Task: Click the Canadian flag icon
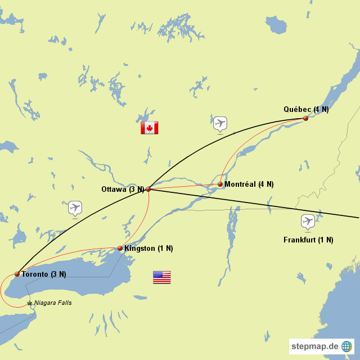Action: pyautogui.click(x=149, y=128)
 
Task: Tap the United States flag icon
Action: pyautogui.click(x=161, y=277)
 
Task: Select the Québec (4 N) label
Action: pyautogui.click(x=306, y=109)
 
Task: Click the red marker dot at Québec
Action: pyautogui.click(x=305, y=118)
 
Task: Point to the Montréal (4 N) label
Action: pyautogui.click(x=249, y=184)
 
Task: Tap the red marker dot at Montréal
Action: pyautogui.click(x=220, y=184)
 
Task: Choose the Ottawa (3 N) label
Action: pyautogui.click(x=123, y=189)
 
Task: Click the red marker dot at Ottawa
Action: pyautogui.click(x=148, y=190)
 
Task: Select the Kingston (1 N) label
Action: pyautogui.click(x=148, y=248)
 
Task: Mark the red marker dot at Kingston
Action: pyautogui.click(x=120, y=248)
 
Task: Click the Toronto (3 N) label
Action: pyautogui.click(x=43, y=274)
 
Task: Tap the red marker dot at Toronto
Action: pyautogui.click(x=17, y=274)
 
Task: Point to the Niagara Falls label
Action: pyautogui.click(x=53, y=303)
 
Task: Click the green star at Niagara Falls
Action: pyautogui.click(x=30, y=303)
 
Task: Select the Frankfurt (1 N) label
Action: pyautogui.click(x=308, y=240)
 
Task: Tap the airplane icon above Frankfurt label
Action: pyautogui.click(x=308, y=221)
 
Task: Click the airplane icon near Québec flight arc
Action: pyautogui.click(x=220, y=123)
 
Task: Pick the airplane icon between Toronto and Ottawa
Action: pyautogui.click(x=75, y=208)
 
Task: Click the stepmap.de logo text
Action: pyautogui.click(x=314, y=346)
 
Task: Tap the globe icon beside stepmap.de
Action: pyautogui.click(x=346, y=346)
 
